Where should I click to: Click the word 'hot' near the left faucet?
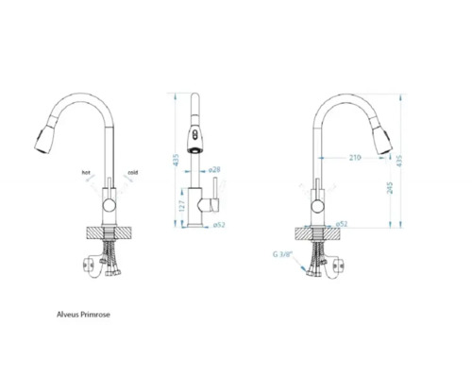(86, 173)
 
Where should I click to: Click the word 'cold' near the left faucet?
(133, 173)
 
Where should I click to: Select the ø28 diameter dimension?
(214, 170)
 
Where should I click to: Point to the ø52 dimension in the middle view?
(217, 225)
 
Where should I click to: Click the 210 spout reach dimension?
(355, 157)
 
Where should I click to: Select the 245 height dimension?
(387, 187)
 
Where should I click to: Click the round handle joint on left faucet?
(110, 203)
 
